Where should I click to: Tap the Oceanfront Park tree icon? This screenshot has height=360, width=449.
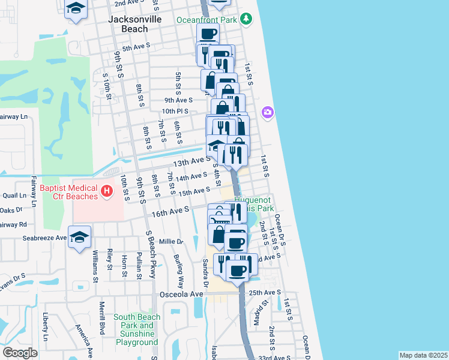pyautogui.click(x=246, y=19)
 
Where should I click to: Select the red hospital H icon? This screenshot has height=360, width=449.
pyautogui.click(x=107, y=191)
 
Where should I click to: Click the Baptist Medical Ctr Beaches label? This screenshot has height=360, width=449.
pyautogui.click(x=69, y=192)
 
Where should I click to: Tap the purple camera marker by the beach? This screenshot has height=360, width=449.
pyautogui.click(x=268, y=112)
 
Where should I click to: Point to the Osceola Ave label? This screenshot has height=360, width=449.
pyautogui.click(x=182, y=294)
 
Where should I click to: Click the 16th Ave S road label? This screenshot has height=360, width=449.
pyautogui.click(x=170, y=210)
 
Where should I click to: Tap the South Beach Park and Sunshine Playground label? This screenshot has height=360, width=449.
pyautogui.click(x=137, y=329)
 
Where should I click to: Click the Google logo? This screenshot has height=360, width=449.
pyautogui.click(x=20, y=353)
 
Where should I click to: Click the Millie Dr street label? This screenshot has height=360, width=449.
pyautogui.click(x=171, y=242)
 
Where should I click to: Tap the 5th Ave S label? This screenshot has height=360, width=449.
pyautogui.click(x=136, y=48)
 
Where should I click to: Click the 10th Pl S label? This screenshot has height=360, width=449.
pyautogui.click(x=175, y=111)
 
